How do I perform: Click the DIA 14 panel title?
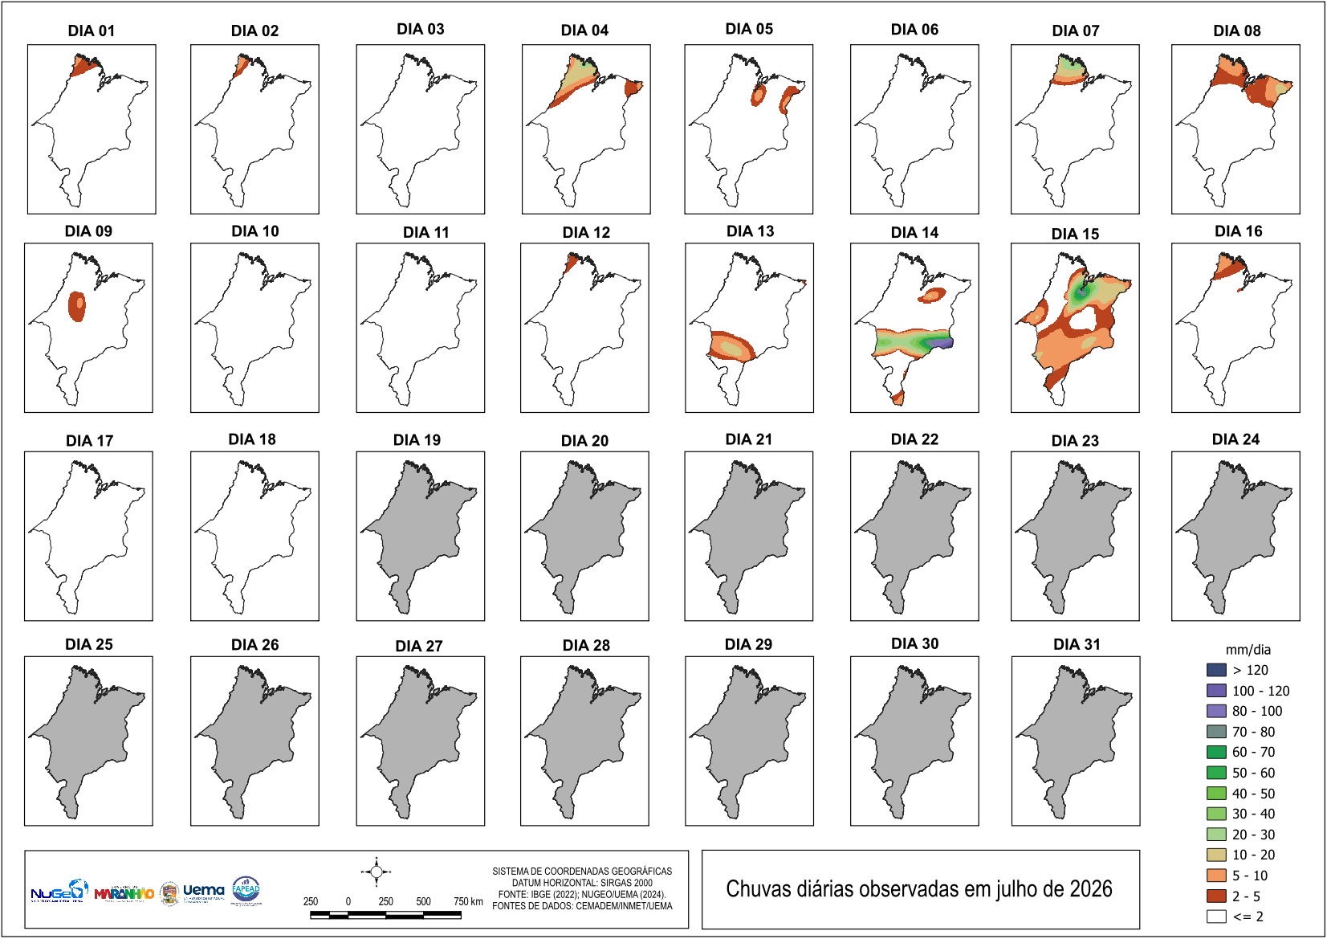(914, 232)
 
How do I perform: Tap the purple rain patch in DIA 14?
(940, 343)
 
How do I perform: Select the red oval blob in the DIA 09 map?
(77, 307)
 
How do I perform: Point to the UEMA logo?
(204, 892)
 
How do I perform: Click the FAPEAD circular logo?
(246, 890)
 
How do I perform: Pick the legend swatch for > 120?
(1216, 670)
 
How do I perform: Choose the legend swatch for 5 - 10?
(1216, 876)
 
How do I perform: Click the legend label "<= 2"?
(1248, 917)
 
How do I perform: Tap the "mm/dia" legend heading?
(1248, 650)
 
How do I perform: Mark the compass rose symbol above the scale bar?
(377, 872)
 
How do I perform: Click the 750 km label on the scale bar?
(468, 901)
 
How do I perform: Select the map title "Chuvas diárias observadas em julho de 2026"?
(919, 888)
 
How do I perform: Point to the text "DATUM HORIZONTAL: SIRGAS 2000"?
(582, 883)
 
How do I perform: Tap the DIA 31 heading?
(1077, 644)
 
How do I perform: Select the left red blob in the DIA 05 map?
(758, 95)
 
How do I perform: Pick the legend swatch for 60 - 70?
(1216, 753)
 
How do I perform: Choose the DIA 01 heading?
(92, 31)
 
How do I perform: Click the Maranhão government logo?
(124, 892)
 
